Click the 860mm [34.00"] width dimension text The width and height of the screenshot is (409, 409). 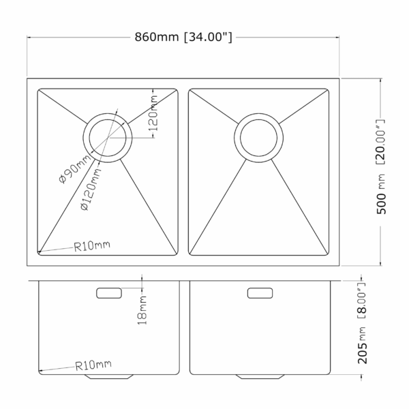184,37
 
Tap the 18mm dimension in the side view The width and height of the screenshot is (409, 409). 142,309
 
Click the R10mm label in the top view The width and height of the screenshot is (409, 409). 91,244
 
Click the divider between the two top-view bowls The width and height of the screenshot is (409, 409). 183,170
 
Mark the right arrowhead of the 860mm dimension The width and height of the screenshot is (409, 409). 338,37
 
